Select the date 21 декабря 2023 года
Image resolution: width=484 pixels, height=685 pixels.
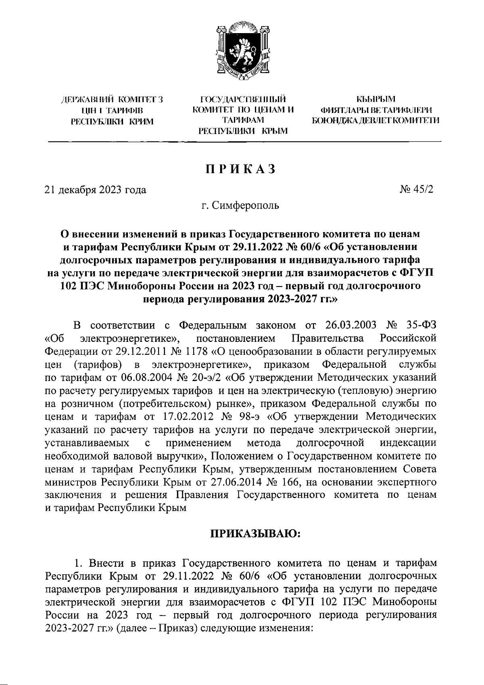point(95,190)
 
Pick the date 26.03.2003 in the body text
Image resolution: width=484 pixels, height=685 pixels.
point(350,325)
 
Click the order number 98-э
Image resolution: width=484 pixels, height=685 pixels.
point(248,416)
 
